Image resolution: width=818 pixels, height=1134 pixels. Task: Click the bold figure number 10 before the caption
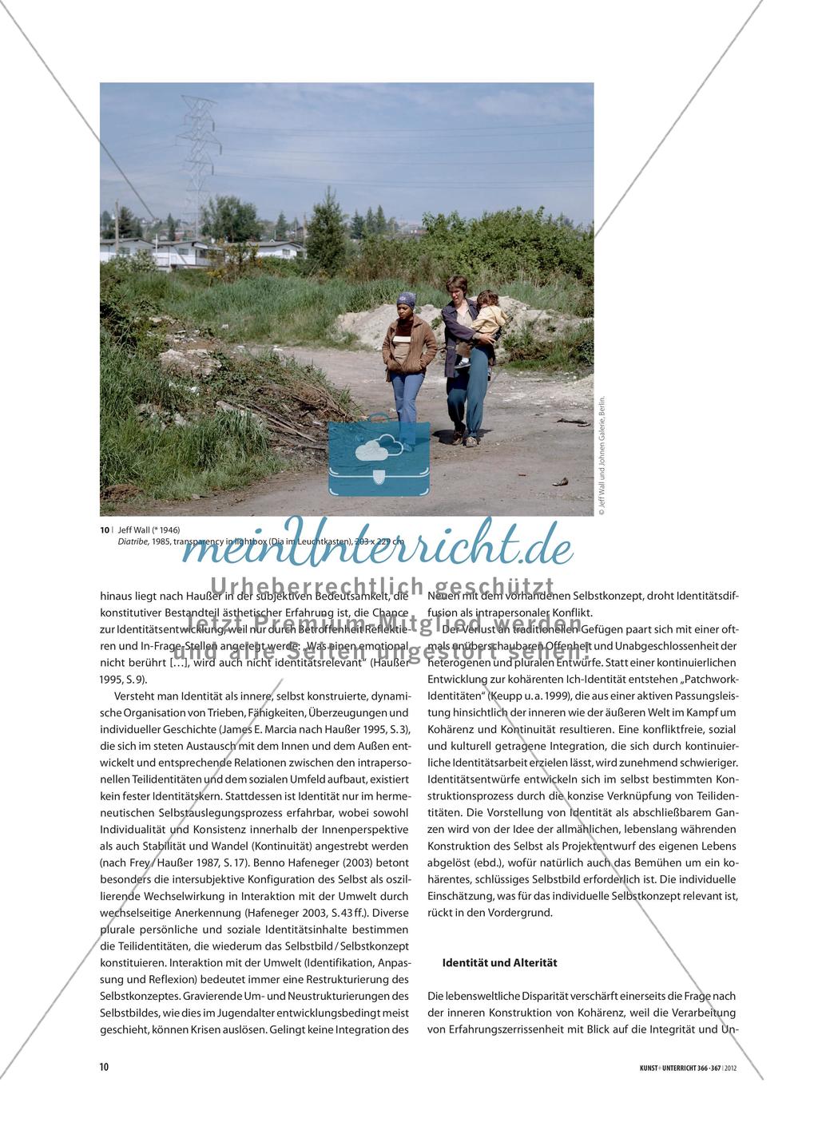click(104, 529)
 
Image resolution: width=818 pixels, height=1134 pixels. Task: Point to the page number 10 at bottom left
click(104, 1067)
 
